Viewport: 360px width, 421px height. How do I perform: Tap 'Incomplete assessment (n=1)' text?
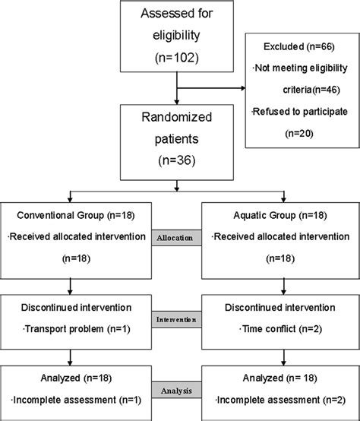tap(71, 399)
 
